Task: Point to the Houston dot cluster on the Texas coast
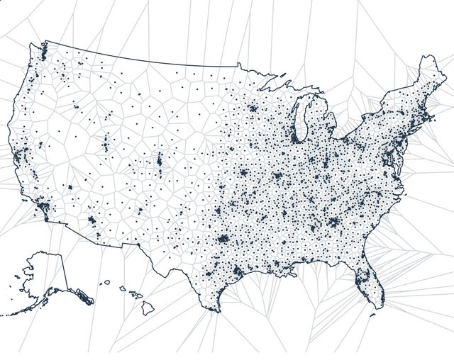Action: [x=237, y=271]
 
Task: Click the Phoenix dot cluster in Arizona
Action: [x=92, y=221]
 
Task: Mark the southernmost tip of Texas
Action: [x=214, y=310]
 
